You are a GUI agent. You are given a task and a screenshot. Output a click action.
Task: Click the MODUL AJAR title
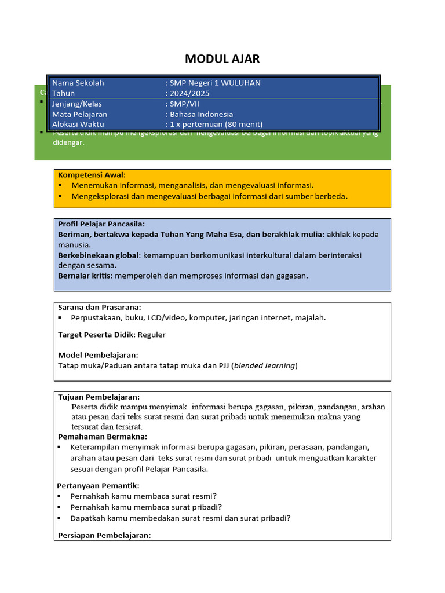[222, 58]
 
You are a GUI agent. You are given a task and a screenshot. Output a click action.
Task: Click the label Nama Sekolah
[78, 83]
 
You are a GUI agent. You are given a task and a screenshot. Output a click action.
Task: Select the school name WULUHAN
[239, 83]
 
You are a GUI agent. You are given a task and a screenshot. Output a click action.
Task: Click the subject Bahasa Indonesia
[201, 114]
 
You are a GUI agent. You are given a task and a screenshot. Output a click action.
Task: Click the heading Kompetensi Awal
[92, 175]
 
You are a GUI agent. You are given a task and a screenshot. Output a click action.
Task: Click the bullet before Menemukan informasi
[60, 185]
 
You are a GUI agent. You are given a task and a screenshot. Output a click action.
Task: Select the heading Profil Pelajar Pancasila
[101, 224]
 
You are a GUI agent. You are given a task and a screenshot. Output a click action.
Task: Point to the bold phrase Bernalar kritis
[85, 276]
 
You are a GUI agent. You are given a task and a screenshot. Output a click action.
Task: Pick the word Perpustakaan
[95, 317]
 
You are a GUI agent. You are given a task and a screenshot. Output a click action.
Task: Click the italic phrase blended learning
[265, 365]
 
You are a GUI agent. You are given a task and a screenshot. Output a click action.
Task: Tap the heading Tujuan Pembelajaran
[99, 397]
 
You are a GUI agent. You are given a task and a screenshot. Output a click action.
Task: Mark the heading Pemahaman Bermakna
[103, 437]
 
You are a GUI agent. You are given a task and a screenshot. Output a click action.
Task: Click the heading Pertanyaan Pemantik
[99, 485]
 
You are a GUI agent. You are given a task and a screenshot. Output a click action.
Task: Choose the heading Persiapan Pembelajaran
[104, 535]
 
